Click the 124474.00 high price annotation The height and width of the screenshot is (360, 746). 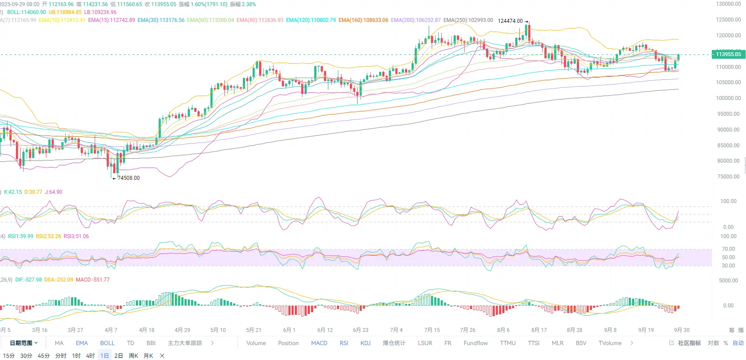click(510, 21)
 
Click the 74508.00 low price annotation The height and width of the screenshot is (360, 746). click(128, 178)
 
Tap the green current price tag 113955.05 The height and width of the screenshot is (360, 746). click(728, 54)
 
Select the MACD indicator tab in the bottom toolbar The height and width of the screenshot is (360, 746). click(319, 343)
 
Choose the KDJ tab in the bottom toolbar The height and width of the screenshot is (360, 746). click(366, 343)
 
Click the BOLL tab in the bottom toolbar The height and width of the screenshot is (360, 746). click(107, 343)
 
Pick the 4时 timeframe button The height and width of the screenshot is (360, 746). click(90, 356)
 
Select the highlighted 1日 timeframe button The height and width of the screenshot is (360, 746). click(104, 356)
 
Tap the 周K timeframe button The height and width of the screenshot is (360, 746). click(134, 356)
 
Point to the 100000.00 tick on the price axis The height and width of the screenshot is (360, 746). click(728, 98)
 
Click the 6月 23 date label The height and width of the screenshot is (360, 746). click(360, 330)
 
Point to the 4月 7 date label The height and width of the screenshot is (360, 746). click(111, 330)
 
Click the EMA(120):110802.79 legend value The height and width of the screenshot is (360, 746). click(311, 20)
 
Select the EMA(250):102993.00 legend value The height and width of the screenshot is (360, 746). click(468, 20)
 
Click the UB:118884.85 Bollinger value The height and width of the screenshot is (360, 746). click(65, 12)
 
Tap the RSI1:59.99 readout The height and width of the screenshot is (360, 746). click(21, 236)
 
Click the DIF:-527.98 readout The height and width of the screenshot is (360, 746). click(28, 280)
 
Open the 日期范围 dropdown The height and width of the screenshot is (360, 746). click(24, 343)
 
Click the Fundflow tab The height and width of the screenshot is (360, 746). click(476, 343)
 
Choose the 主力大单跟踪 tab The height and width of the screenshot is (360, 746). click(185, 343)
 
